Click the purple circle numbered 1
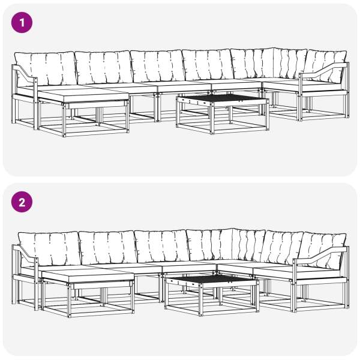point(22,23)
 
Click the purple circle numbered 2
point(22,202)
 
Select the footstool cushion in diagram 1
point(83,97)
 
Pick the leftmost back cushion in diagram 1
point(46,69)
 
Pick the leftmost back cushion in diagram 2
point(50,248)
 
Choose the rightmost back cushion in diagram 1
point(326,66)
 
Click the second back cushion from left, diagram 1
point(104,68)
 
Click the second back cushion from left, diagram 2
point(108,247)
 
